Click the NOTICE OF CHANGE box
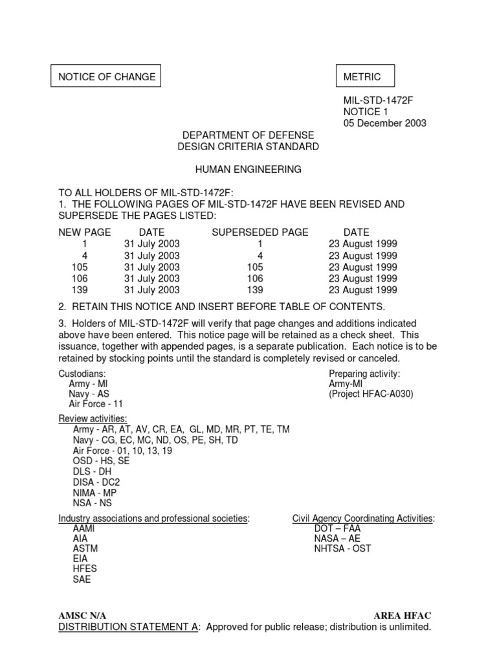tap(107, 77)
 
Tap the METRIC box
tap(362, 77)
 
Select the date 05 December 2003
tap(384, 124)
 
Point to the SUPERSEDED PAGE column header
tap(260, 232)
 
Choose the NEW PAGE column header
tap(85, 232)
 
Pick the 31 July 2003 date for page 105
tap(152, 267)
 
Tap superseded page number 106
tap(256, 278)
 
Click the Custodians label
tap(82, 374)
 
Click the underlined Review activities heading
tap(93, 418)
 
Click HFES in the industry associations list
tap(85, 568)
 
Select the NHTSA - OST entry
tap(342, 548)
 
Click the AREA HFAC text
tap(402, 615)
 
